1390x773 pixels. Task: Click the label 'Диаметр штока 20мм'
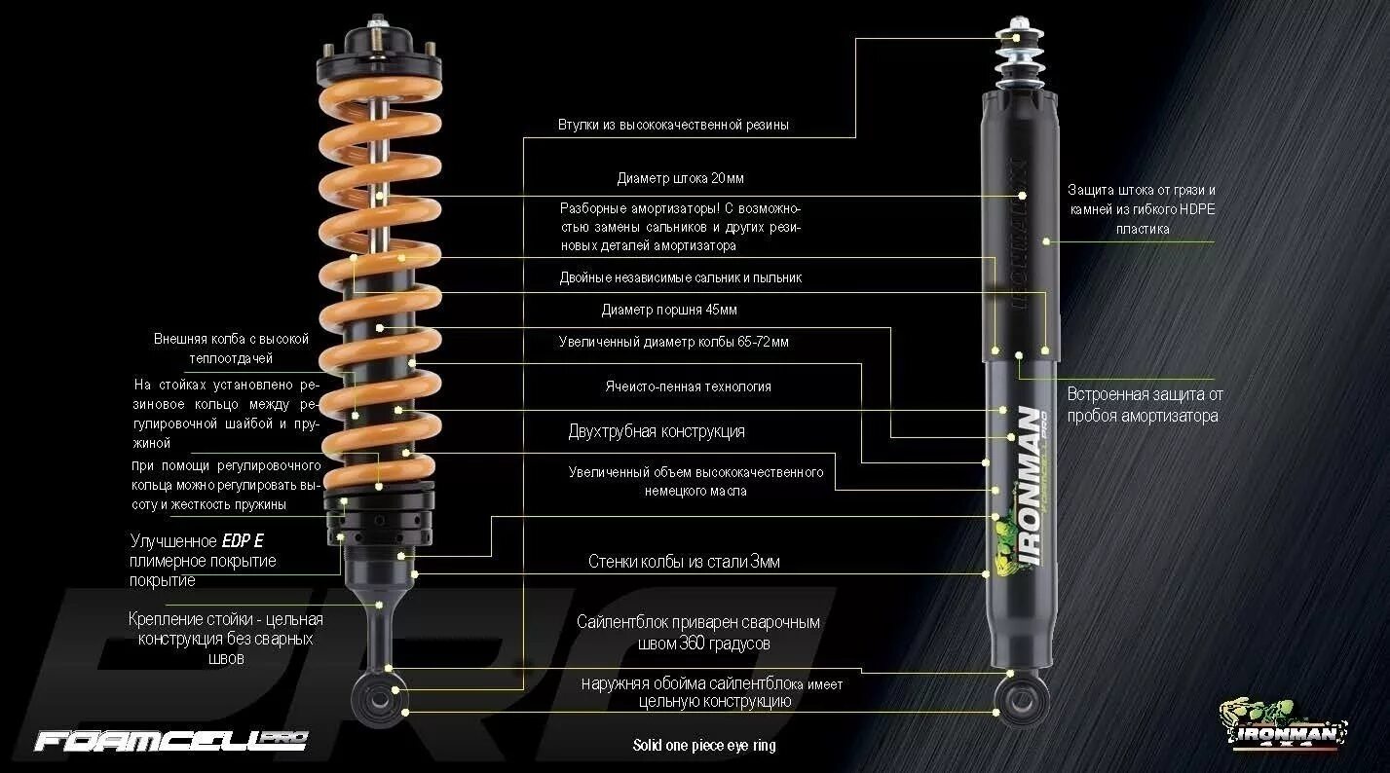[x=680, y=179]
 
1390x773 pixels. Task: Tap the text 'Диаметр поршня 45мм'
[x=669, y=311]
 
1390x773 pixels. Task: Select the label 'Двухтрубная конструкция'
[x=657, y=431]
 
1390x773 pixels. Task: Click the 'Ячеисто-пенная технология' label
[x=688, y=386]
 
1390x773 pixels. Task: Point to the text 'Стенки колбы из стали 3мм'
[x=684, y=562]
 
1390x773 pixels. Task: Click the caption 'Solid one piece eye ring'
[x=704, y=746]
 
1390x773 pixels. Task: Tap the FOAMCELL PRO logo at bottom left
[x=170, y=741]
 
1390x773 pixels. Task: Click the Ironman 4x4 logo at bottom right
[x=1283, y=724]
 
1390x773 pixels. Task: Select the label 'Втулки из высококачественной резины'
[x=673, y=126]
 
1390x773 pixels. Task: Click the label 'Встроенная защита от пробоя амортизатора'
[x=1144, y=405]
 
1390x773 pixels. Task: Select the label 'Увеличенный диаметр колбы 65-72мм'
[x=674, y=343]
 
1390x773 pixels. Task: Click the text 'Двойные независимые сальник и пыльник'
[x=680, y=277]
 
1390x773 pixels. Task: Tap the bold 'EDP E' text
[x=243, y=541]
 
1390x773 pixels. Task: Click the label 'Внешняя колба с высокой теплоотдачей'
[x=231, y=348]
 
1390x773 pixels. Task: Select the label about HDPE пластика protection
[x=1141, y=209]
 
